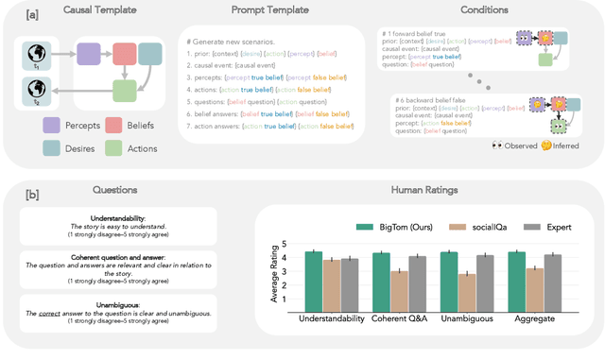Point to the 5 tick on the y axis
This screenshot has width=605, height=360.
[285, 245]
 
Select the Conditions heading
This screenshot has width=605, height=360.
[483, 10]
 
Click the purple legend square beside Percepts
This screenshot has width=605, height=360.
[50, 124]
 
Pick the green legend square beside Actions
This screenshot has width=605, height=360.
[112, 147]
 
